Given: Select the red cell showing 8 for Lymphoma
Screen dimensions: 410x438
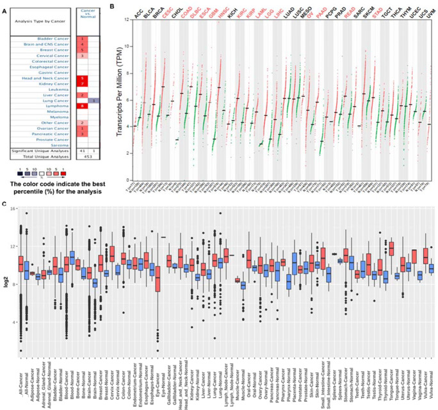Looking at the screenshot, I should [82, 105].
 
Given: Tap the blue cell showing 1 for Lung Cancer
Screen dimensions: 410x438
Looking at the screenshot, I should [93, 100].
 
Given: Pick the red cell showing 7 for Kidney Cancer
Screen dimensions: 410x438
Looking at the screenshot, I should [82, 83].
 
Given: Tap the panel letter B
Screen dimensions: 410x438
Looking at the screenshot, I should [112, 6].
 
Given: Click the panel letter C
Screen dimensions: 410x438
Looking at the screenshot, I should [5, 204].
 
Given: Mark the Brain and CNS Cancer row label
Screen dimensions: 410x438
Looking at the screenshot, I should [54, 44].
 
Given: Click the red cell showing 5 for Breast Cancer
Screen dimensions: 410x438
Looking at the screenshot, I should [82, 50].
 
